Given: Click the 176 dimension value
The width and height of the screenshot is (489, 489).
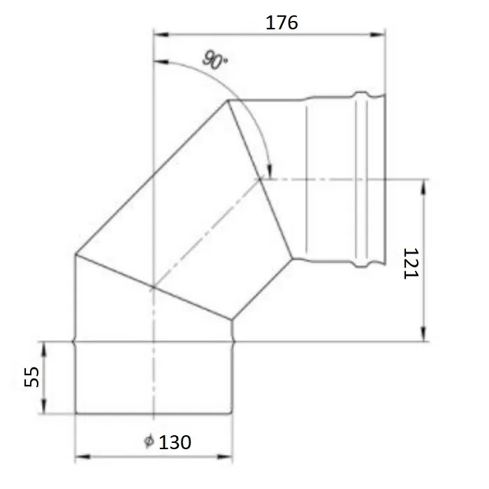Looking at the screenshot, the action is (282, 23).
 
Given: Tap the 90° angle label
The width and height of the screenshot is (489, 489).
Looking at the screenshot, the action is (215, 61).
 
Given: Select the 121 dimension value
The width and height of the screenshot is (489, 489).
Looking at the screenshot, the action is (411, 263).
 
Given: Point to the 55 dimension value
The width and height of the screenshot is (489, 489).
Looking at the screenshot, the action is (32, 377).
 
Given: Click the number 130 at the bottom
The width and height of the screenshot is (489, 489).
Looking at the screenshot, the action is (175, 442).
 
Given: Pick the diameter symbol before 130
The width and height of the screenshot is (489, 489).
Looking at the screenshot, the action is (149, 441).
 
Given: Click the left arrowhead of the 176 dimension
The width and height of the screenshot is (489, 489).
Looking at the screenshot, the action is (161, 34).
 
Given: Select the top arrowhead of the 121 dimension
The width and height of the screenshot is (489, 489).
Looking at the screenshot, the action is (423, 187).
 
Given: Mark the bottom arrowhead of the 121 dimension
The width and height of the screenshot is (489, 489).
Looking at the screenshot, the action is (423, 334).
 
